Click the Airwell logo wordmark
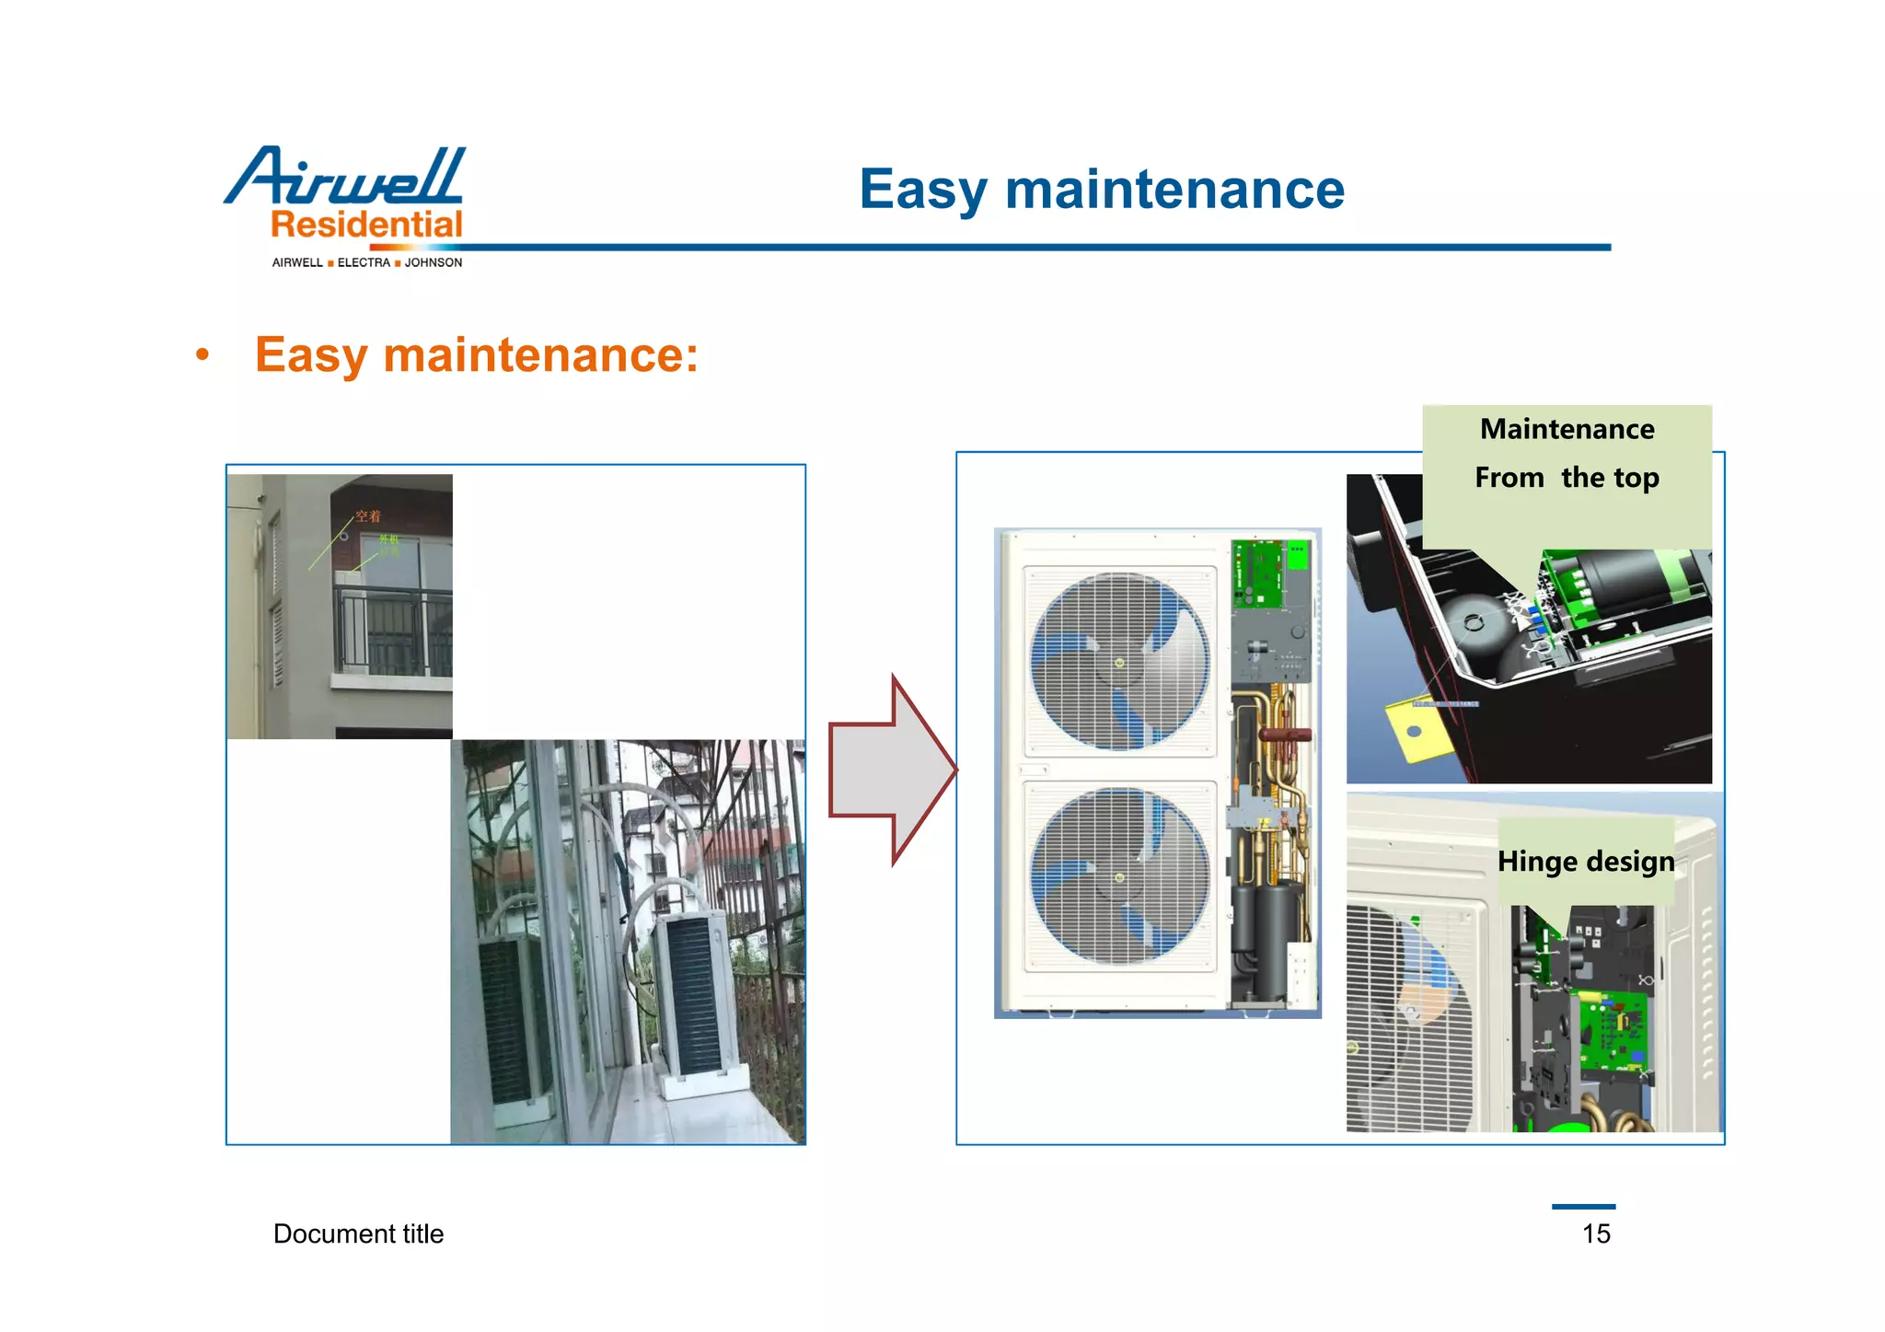click(345, 176)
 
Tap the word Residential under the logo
click(366, 225)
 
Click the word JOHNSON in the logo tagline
click(434, 262)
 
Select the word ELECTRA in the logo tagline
click(364, 262)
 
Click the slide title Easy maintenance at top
click(1102, 190)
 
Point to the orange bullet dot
click(202, 355)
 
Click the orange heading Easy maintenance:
click(476, 355)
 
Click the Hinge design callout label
click(1585, 862)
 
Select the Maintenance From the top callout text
click(1567, 453)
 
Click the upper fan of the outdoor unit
click(1119, 661)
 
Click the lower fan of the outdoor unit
click(1119, 876)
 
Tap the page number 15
click(1596, 1234)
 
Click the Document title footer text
click(358, 1234)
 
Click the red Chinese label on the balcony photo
click(368, 516)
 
